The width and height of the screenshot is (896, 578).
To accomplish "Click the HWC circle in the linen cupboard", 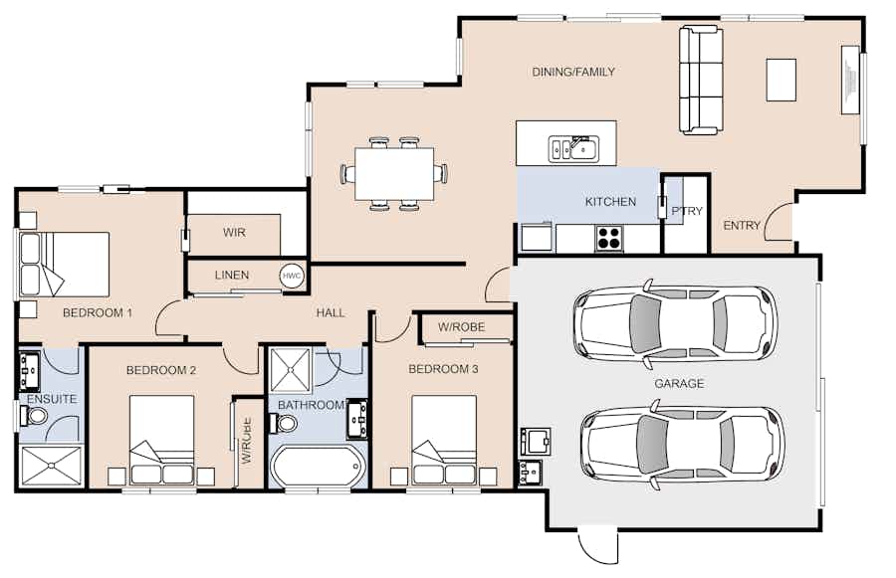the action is (292, 276).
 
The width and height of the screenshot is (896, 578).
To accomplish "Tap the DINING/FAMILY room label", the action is (573, 72).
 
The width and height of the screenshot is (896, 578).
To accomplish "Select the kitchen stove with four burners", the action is (608, 238).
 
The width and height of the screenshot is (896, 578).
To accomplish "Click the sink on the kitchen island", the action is (573, 149).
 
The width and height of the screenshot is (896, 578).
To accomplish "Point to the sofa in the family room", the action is (701, 81).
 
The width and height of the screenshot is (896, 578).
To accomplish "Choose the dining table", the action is (393, 174).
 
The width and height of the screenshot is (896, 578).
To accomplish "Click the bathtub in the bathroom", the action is (318, 466).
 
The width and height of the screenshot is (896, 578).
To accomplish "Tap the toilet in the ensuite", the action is (34, 415).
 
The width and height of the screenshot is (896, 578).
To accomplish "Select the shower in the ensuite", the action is (52, 466).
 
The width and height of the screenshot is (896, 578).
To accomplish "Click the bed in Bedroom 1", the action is (64, 264).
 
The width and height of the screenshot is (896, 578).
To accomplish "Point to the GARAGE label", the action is (679, 383).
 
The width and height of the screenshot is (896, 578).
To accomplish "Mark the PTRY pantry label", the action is (687, 211).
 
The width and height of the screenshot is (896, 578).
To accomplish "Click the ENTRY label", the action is (742, 226).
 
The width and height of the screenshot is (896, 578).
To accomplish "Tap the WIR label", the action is (234, 233).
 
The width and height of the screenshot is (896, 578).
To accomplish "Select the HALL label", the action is (331, 313).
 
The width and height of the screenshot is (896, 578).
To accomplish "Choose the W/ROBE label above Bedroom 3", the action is (461, 327).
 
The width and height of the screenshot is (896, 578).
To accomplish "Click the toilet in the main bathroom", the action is (284, 423).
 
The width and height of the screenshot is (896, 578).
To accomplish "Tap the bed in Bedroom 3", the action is (444, 441).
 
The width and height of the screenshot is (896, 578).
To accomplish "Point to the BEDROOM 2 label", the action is (161, 371).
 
